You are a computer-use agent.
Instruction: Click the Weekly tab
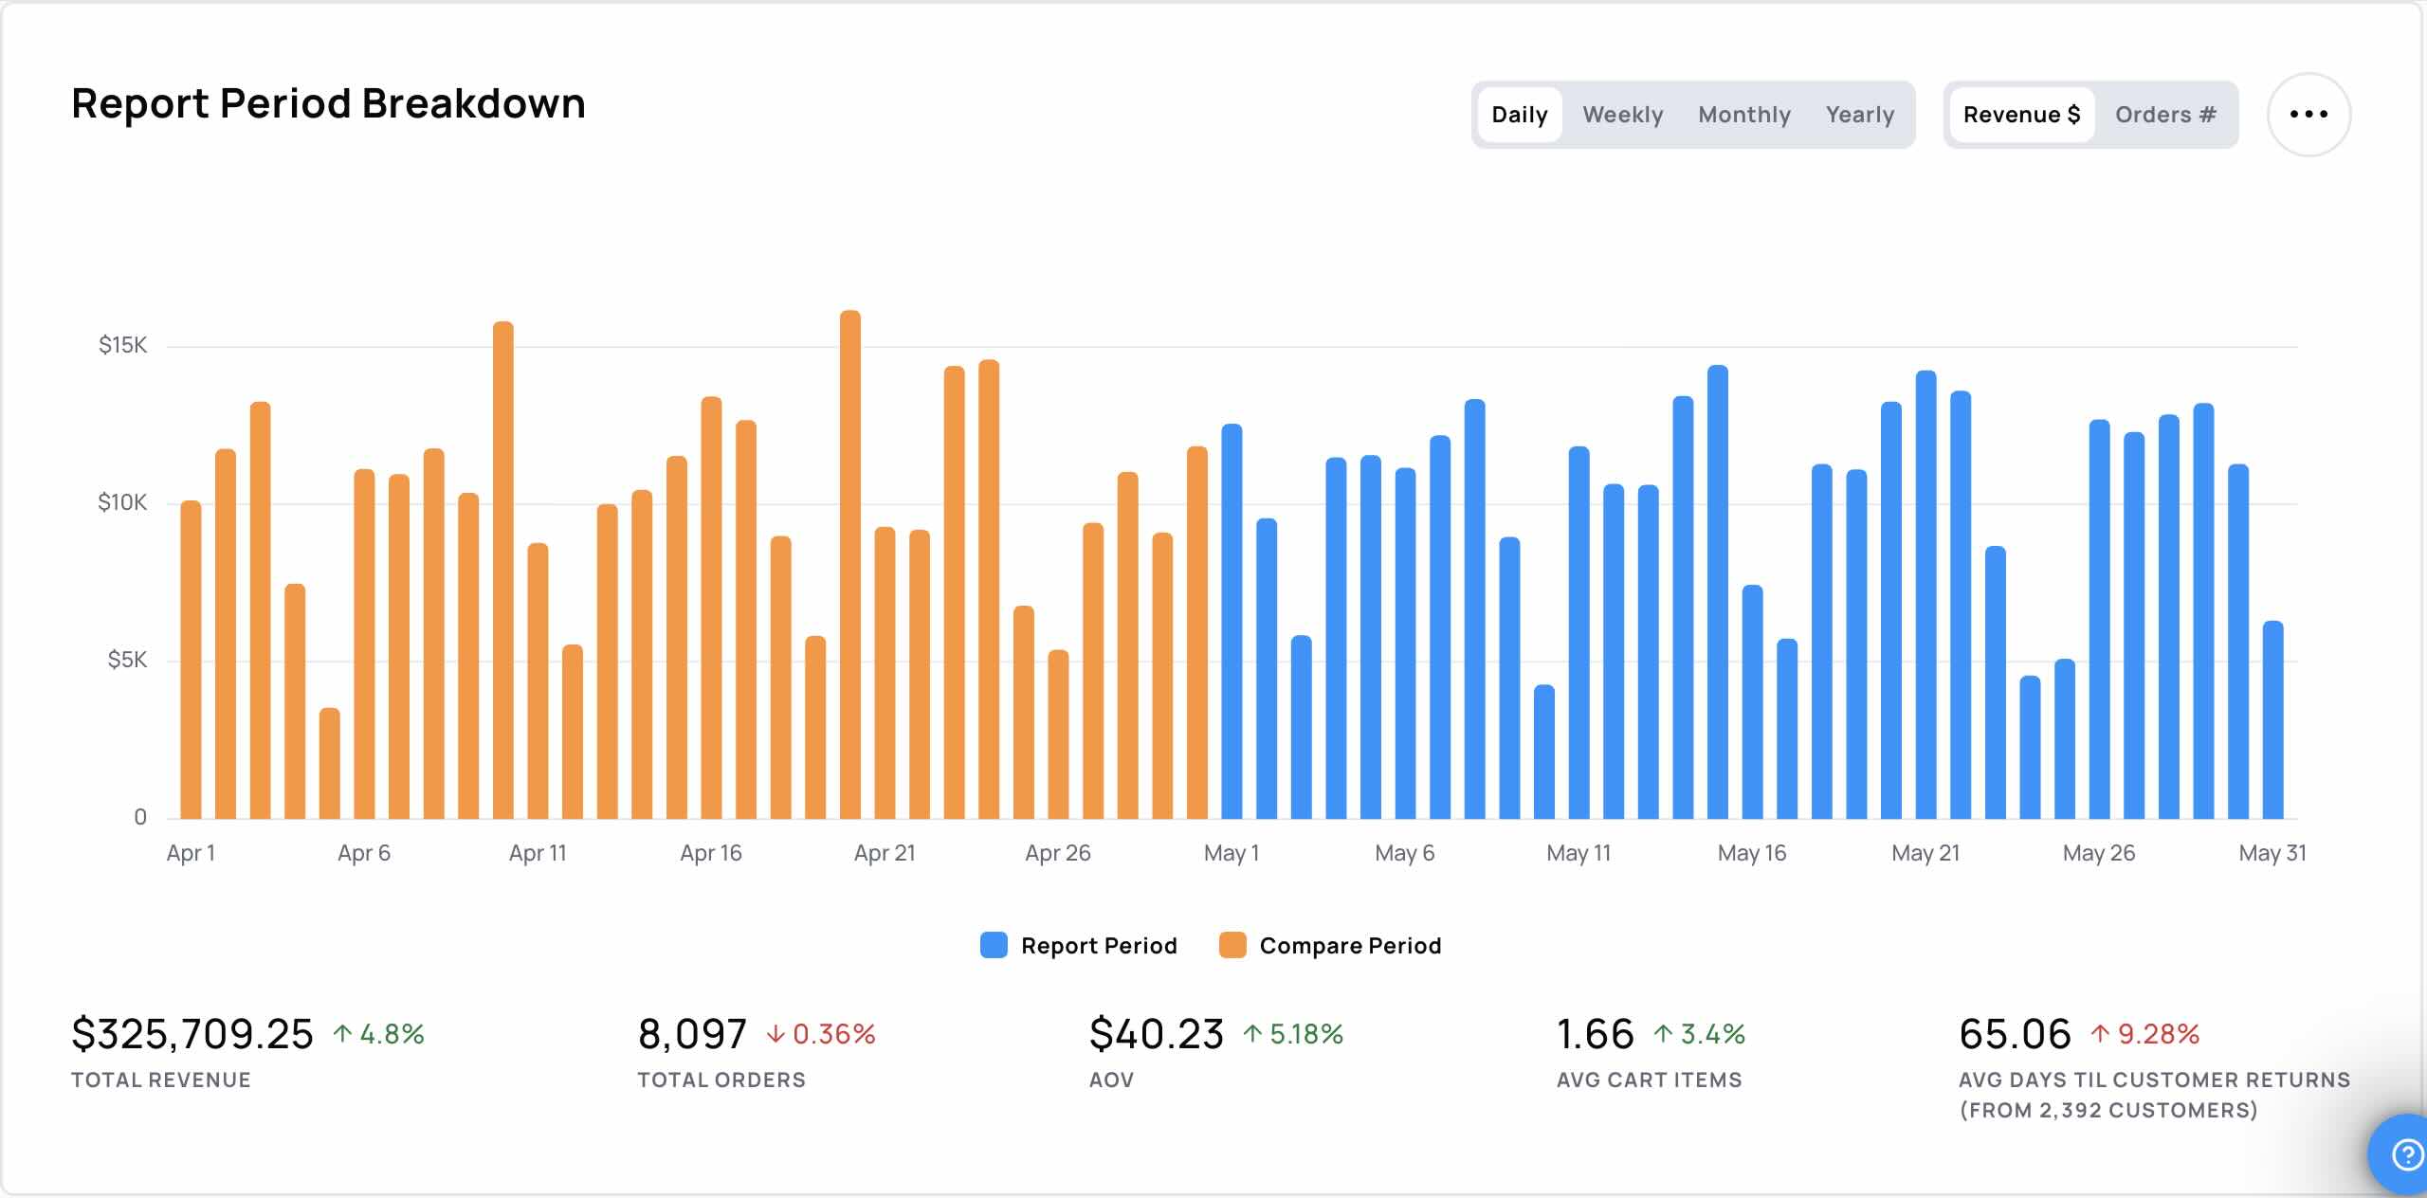(x=1622, y=115)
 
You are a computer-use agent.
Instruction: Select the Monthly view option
(x=1744, y=115)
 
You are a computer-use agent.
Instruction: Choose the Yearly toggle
(x=1860, y=115)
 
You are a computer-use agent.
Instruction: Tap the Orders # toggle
(x=2165, y=115)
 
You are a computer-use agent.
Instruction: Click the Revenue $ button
(x=2021, y=115)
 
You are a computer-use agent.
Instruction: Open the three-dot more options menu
(x=2308, y=115)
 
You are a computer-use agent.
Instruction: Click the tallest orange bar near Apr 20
(x=850, y=564)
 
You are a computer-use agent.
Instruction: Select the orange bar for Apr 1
(x=191, y=660)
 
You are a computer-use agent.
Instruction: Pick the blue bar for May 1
(x=1232, y=621)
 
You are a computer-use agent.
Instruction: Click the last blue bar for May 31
(x=2272, y=719)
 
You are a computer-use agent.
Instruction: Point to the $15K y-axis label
(x=123, y=345)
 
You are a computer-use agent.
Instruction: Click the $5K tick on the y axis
(x=127, y=660)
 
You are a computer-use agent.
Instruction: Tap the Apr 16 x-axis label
(x=711, y=853)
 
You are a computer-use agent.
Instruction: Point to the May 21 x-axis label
(x=1925, y=853)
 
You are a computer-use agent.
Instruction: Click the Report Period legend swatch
(x=994, y=945)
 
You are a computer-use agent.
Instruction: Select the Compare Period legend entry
(x=1330, y=945)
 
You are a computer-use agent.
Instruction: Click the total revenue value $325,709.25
(x=192, y=1033)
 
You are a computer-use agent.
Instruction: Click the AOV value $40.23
(x=1157, y=1033)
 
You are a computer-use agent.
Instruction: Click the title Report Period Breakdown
(x=328, y=103)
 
